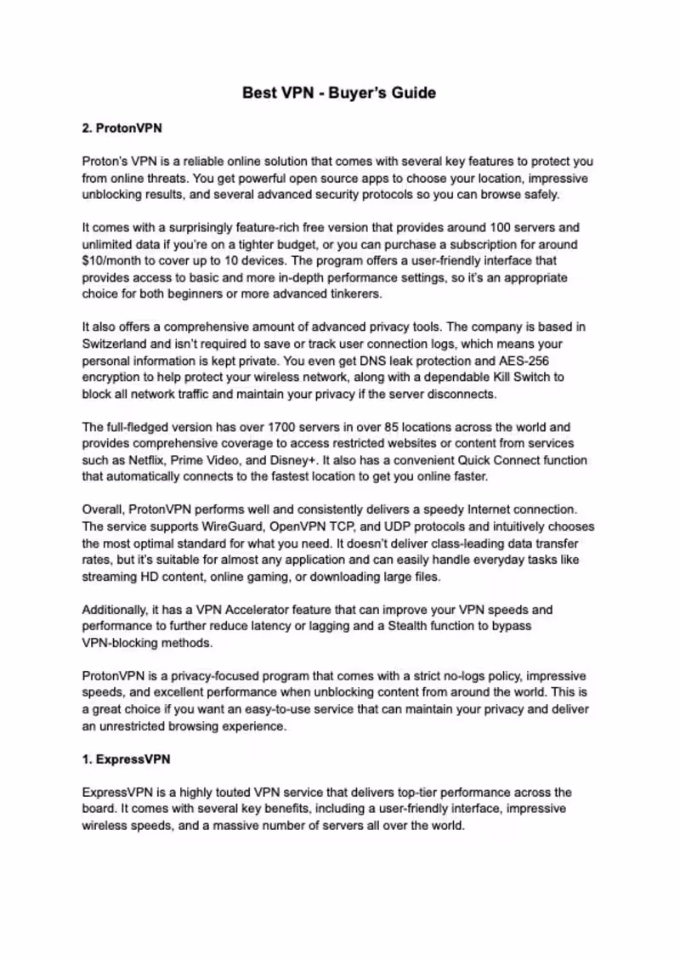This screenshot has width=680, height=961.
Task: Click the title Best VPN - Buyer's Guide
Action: point(339,93)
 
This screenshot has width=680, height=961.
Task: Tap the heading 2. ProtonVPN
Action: point(122,128)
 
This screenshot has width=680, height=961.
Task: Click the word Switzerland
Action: point(117,343)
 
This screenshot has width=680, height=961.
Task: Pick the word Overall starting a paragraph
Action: point(103,509)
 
